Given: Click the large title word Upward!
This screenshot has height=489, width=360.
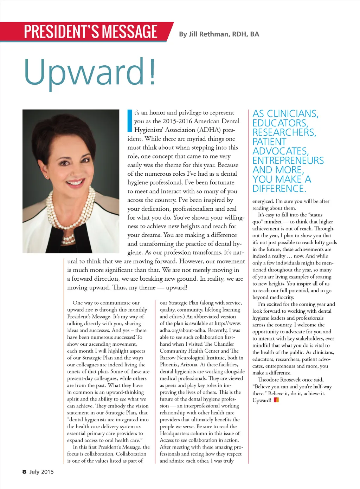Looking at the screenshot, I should click(x=90, y=72).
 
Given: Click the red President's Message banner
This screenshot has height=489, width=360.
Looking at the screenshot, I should click(x=90, y=32).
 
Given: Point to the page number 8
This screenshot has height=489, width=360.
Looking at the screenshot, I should click(x=24, y=472).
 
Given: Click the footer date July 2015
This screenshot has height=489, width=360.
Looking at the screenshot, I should click(x=41, y=472).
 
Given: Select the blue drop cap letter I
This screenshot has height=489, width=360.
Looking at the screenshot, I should click(x=129, y=121).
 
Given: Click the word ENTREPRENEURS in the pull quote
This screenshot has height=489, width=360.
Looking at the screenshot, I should click(x=288, y=161).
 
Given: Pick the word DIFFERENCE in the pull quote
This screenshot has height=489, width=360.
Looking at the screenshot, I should click(x=279, y=189).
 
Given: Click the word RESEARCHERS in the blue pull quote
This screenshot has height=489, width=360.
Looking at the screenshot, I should click(x=284, y=132).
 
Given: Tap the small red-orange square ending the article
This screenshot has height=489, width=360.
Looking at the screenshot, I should click(x=276, y=400).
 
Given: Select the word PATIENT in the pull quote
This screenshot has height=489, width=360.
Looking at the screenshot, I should click(x=269, y=142).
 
